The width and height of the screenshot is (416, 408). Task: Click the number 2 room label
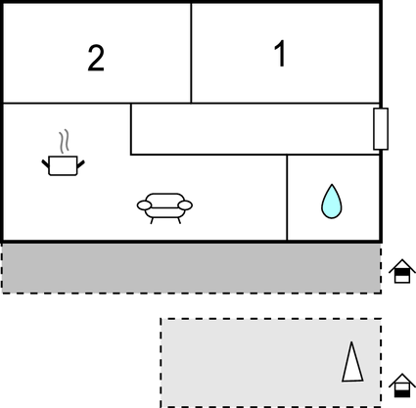(96, 58)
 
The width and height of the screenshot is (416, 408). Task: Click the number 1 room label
(280, 54)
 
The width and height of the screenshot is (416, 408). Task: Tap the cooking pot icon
(63, 165)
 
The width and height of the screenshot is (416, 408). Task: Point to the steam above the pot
(64, 141)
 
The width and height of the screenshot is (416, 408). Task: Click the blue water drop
(332, 202)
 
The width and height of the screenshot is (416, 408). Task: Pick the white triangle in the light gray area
(352, 361)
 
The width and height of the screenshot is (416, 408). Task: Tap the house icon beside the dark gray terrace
(402, 271)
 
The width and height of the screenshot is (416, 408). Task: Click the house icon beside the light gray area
(402, 385)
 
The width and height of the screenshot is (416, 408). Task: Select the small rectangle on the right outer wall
(381, 129)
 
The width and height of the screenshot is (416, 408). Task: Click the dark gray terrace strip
(191, 268)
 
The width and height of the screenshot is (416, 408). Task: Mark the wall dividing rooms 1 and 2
(191, 53)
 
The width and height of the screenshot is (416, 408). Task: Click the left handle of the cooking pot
(46, 163)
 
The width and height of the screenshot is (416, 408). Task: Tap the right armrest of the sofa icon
(185, 205)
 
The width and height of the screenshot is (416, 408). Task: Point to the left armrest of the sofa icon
(144, 205)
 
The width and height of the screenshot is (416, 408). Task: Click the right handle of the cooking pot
(80, 164)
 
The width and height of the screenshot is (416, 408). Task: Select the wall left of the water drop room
(287, 198)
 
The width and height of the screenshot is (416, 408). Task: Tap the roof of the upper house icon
(402, 265)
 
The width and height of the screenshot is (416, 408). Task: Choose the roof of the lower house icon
(402, 380)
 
